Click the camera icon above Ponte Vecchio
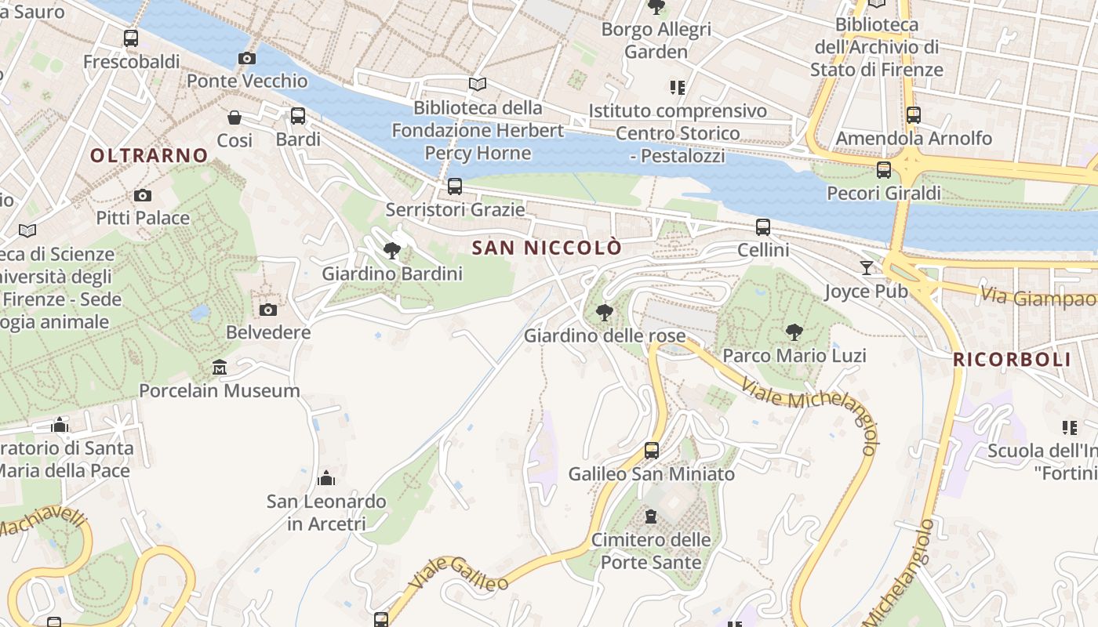coord(246,59)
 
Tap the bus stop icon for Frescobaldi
coord(131,38)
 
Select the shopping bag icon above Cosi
coord(235,118)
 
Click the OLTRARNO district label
coord(149,155)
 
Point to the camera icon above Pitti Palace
coord(143,195)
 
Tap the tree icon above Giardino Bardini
coord(392,251)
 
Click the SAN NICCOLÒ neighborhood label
coord(547,248)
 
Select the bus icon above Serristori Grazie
coord(455,187)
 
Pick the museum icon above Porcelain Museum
coord(220,367)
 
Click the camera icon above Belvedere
coord(268,310)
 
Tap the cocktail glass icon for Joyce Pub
coord(866,268)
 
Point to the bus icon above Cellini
coord(763,227)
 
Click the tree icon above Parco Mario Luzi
coord(794,332)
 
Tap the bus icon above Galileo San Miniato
coord(652,451)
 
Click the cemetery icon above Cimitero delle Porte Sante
coord(651,516)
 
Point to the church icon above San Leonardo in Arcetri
coord(326,478)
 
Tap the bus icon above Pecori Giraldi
coord(884,169)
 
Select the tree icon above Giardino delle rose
coord(604,313)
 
